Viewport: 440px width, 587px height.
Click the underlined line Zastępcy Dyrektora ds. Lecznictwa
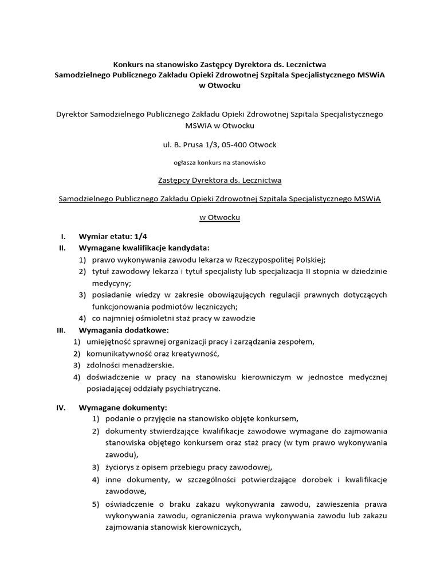pyautogui.click(x=219, y=181)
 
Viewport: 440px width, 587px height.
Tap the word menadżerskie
pyautogui.click(x=148, y=365)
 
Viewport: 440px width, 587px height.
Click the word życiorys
pyautogui.click(x=121, y=465)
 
